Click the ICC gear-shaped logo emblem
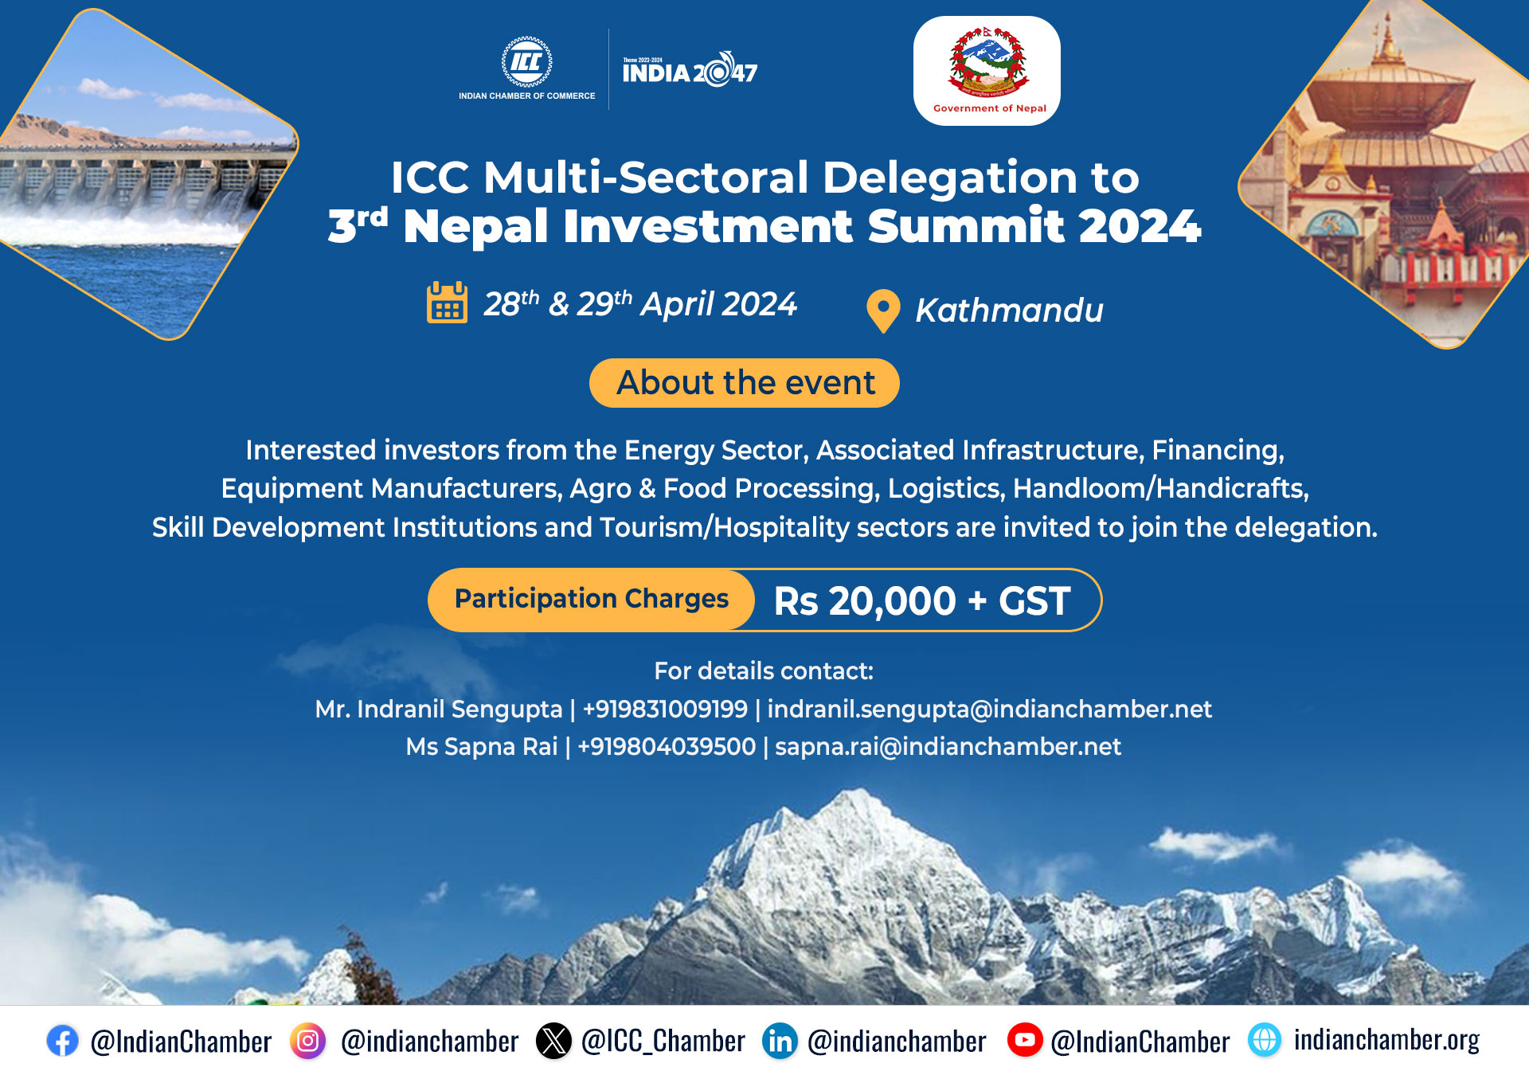526,61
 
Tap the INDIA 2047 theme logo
690,70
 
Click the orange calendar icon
447,303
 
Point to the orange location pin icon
883,311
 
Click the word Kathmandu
1009,310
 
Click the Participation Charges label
592,599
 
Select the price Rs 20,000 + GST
922,600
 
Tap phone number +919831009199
665,709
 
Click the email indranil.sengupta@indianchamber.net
990,709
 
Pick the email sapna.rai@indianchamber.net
948,746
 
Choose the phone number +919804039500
667,746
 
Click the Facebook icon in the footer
62,1040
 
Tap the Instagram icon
307,1040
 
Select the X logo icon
553,1040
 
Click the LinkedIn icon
780,1041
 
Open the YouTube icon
1025,1040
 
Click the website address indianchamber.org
1386,1040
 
